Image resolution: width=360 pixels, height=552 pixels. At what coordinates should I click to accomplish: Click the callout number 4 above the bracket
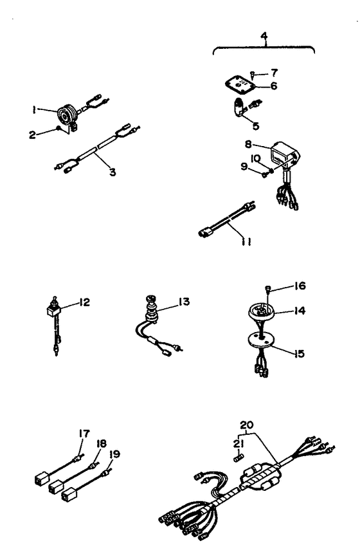(264, 36)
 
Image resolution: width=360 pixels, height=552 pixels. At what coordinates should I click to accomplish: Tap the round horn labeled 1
(67, 115)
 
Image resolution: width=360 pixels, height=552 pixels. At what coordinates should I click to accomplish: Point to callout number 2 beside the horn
(32, 134)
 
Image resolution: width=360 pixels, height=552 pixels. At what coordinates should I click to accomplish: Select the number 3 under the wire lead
(113, 172)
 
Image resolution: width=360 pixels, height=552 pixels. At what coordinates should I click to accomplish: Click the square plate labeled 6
(240, 85)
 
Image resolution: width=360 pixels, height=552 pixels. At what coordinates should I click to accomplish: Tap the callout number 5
(256, 125)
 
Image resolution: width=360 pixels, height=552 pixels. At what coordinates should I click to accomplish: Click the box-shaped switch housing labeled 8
(284, 155)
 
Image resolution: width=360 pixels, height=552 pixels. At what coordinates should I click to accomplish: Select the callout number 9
(244, 166)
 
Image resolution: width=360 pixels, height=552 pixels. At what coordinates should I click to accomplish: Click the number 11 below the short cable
(246, 242)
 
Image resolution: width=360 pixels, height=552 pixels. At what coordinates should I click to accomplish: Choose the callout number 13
(184, 302)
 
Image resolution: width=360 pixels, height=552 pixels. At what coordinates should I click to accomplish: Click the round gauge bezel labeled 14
(261, 311)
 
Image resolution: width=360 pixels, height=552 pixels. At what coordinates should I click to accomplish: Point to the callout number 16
(300, 286)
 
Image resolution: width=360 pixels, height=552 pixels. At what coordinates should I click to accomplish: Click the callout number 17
(84, 434)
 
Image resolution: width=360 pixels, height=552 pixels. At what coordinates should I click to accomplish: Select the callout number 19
(114, 454)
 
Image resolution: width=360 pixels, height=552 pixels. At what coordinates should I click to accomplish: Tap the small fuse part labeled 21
(239, 458)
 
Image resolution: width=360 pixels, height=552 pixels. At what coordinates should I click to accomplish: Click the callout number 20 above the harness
(247, 425)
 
